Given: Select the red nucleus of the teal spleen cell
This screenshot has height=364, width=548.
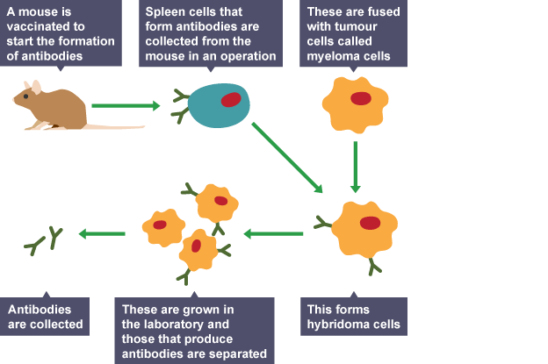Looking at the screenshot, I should [231, 99].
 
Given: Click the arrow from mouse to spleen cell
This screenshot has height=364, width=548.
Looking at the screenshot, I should [126, 106].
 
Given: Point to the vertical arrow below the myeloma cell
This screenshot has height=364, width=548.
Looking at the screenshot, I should [355, 165].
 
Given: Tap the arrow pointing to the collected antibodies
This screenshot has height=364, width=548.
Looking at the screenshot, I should [102, 233].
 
